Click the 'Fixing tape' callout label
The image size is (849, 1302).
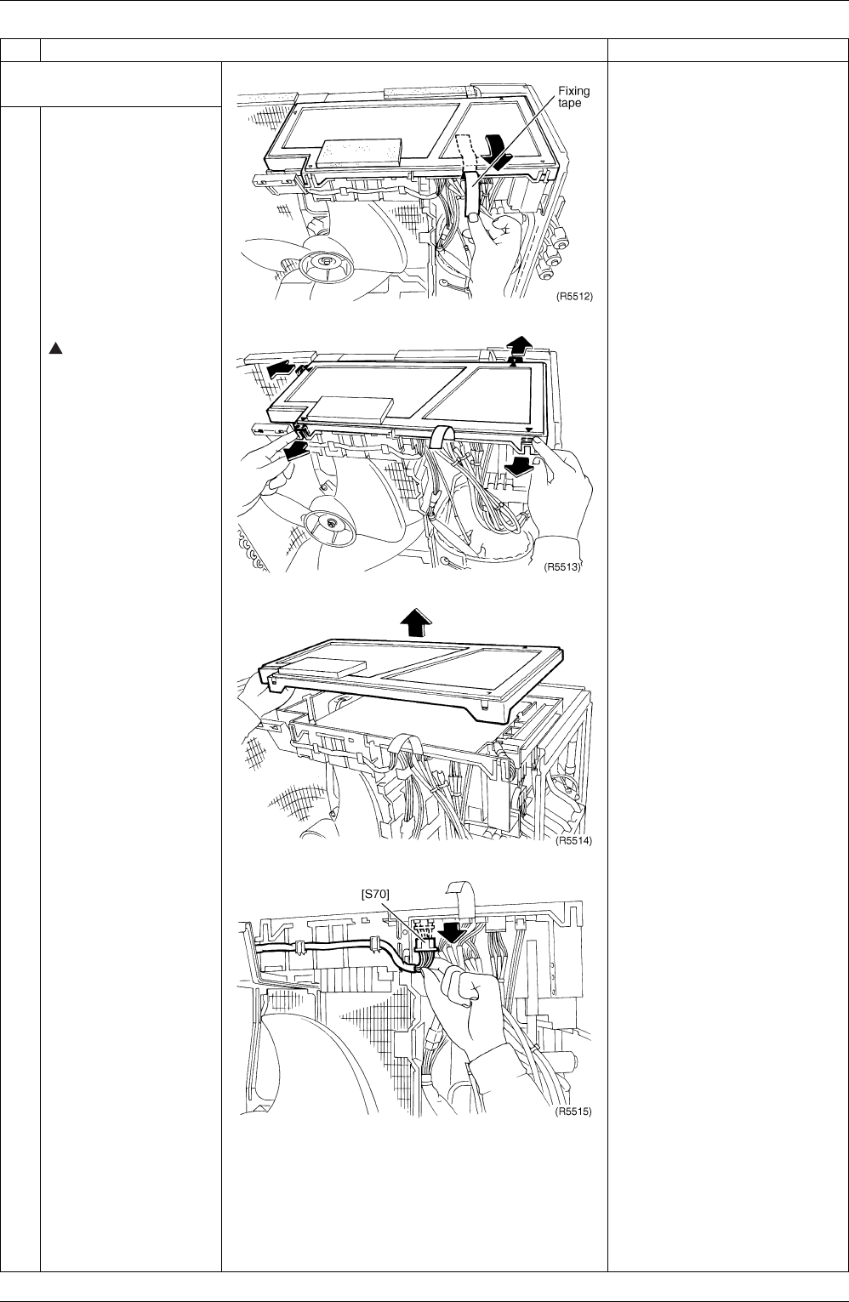(573, 97)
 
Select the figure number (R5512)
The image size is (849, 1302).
(574, 296)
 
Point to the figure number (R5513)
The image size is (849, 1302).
(562, 566)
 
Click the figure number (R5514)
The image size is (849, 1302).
(573, 840)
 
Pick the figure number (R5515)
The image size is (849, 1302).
(573, 1111)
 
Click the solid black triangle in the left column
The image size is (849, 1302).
(55, 349)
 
